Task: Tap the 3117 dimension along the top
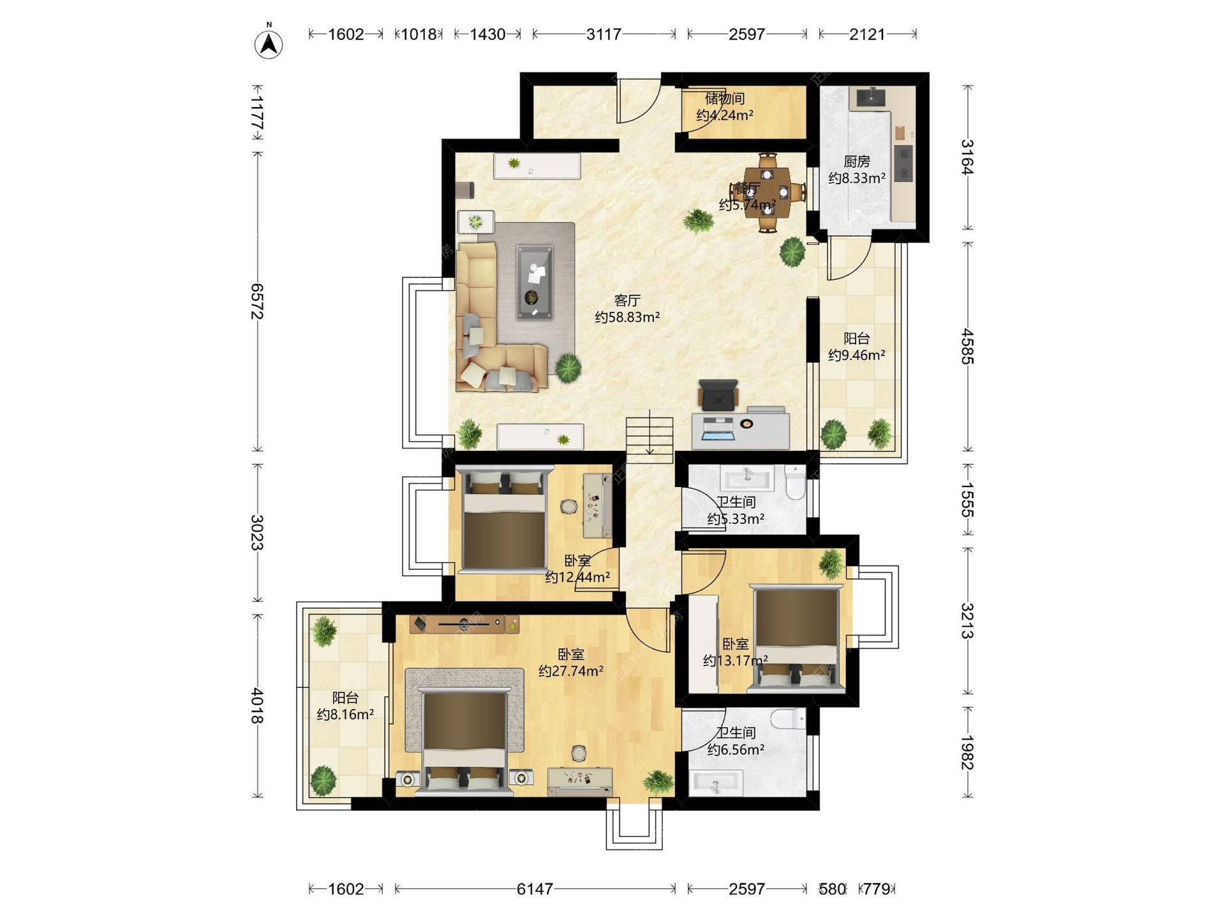[x=604, y=34]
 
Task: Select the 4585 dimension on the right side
[x=967, y=346]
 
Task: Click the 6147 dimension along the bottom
[x=535, y=889]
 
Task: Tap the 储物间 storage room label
[x=725, y=99]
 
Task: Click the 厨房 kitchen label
[x=857, y=162]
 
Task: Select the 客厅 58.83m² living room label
[x=627, y=309]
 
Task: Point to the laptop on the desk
[x=718, y=428]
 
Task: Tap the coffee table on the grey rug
[x=534, y=282]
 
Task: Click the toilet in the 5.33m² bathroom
[x=795, y=482]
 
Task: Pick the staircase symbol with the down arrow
[x=650, y=435]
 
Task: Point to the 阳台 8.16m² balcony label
[x=345, y=706]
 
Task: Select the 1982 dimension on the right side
[x=967, y=752]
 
